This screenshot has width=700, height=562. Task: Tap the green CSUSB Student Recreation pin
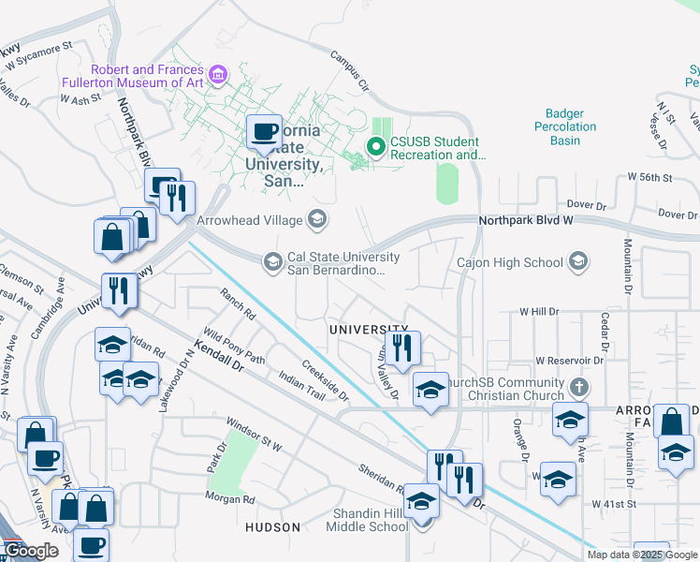tap(375, 147)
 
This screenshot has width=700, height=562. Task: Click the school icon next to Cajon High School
tap(578, 262)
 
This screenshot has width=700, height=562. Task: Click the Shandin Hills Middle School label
tap(367, 520)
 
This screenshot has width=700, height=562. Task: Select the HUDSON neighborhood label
tap(272, 527)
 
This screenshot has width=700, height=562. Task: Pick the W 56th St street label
tap(650, 176)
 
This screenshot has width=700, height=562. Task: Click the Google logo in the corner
tap(32, 551)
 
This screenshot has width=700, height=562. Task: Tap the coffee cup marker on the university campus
tap(264, 132)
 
